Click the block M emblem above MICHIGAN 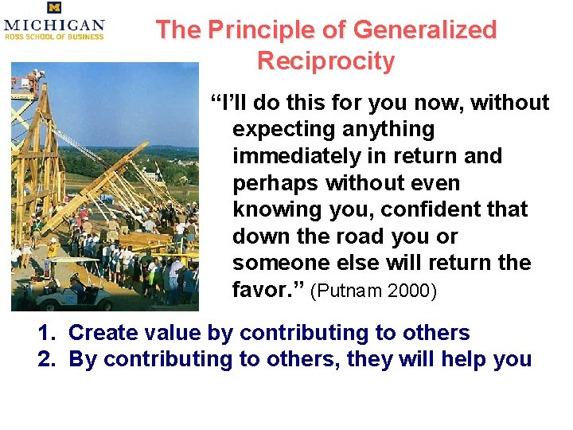[54, 8]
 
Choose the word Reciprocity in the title [326, 61]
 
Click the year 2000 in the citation [413, 291]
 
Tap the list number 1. [45, 333]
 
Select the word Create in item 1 [102, 333]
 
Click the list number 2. [45, 359]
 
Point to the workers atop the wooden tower [33, 80]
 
